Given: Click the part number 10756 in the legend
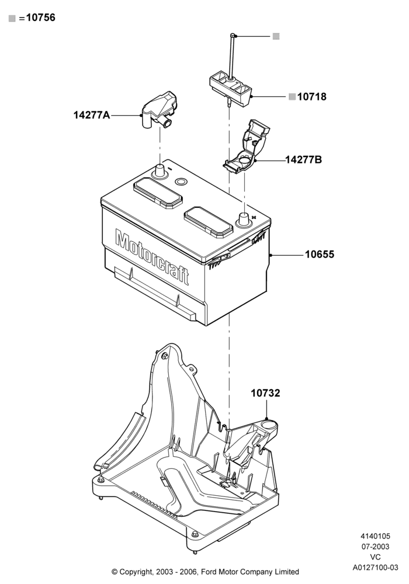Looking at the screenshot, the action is (x=40, y=18).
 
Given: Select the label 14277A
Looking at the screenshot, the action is (x=92, y=115).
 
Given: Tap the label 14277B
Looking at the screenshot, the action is (x=304, y=160).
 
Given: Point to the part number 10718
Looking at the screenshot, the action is (x=312, y=97).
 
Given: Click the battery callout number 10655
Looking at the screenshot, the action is (x=320, y=255).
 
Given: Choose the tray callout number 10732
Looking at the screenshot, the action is (x=265, y=393).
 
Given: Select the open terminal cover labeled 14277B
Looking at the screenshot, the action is (x=246, y=146).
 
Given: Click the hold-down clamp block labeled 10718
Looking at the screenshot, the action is (x=231, y=89).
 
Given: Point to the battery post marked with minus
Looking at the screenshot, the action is (x=160, y=171).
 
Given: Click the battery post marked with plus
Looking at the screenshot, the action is (x=244, y=219).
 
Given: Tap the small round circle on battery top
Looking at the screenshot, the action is (x=181, y=182).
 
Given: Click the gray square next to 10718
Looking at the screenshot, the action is (x=292, y=97).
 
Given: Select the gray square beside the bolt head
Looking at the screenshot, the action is (x=276, y=36).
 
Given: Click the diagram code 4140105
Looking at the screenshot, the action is (x=376, y=536).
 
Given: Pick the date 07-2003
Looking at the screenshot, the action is (x=376, y=547).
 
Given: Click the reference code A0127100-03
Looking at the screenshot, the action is (x=376, y=568).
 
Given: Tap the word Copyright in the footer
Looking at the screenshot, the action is (x=136, y=572).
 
